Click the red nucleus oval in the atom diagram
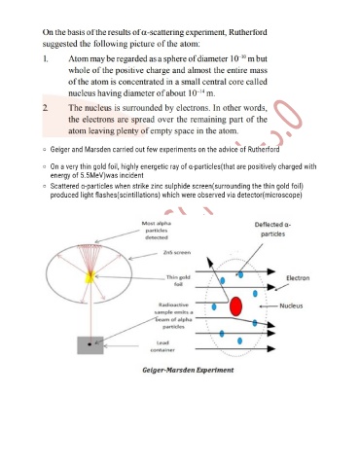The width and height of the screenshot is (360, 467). (x=235, y=306)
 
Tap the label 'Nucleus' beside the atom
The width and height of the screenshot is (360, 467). (x=291, y=305)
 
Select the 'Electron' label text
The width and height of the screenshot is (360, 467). (x=298, y=278)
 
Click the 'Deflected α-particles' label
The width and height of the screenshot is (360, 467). (x=272, y=230)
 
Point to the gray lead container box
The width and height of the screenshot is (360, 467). (x=90, y=345)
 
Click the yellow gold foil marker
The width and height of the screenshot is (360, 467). (x=90, y=277)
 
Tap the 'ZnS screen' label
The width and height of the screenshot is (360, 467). (x=177, y=252)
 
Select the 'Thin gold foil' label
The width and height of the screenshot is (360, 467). (x=178, y=280)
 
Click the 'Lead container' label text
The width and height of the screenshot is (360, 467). (x=162, y=346)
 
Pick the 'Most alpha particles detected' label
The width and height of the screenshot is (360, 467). (x=157, y=231)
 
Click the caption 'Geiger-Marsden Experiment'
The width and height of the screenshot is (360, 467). (x=188, y=370)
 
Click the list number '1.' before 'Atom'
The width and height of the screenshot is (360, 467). (x=46, y=59)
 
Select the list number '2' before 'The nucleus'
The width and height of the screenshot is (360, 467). (x=46, y=108)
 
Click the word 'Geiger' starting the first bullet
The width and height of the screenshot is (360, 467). (x=59, y=150)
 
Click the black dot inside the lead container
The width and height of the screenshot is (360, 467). (x=90, y=343)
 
